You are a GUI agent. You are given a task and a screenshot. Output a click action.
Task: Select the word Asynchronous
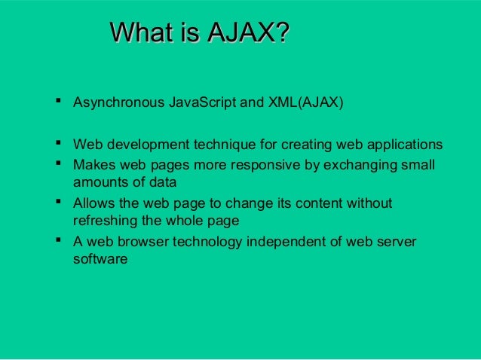coord(117,102)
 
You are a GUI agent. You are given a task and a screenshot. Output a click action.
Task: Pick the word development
coord(146,145)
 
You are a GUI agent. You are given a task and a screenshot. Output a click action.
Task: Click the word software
coord(100,261)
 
